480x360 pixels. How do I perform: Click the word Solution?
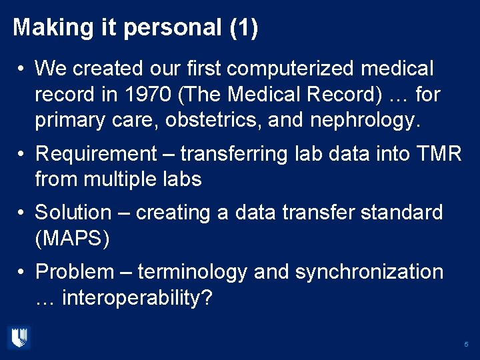(x=73, y=213)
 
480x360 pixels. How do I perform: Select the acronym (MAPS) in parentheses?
(x=72, y=239)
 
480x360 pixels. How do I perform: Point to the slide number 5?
(x=466, y=345)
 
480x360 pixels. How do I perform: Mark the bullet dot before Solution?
(x=22, y=213)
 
